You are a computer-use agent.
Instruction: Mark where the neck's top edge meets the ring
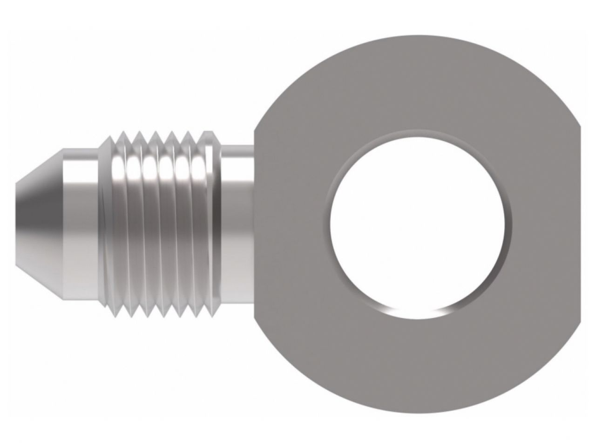[254, 144]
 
